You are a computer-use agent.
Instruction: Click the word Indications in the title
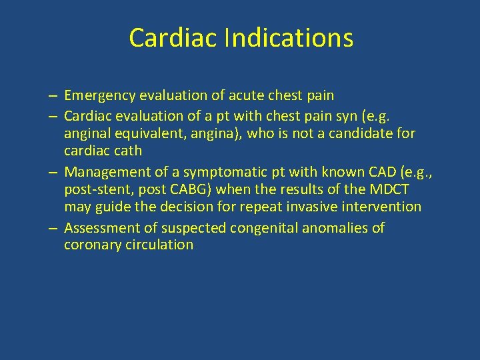(289, 38)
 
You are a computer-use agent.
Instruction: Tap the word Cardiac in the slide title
(173, 38)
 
